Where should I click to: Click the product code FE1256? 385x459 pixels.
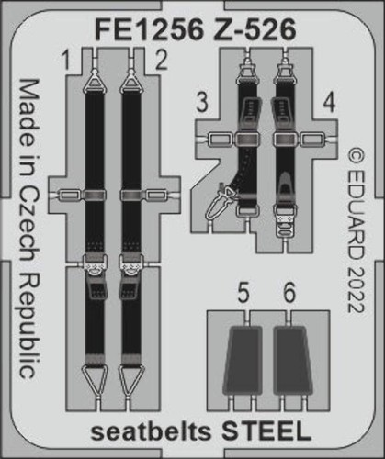pyautogui.click(x=149, y=29)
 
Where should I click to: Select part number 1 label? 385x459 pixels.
pyautogui.click(x=65, y=60)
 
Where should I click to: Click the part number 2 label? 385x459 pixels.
pyautogui.click(x=161, y=60)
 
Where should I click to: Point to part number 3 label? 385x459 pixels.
pyautogui.click(x=202, y=103)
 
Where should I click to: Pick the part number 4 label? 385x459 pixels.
pyautogui.click(x=329, y=103)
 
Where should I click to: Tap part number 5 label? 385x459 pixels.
pyautogui.click(x=243, y=293)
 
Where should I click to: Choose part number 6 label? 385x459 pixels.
pyautogui.click(x=289, y=293)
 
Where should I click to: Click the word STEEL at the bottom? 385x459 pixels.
pyautogui.click(x=266, y=431)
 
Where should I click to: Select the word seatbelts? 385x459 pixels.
pyautogui.click(x=152, y=432)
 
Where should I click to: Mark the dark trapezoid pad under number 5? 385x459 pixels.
pyautogui.click(x=243, y=360)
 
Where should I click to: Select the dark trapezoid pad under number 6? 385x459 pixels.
pyautogui.click(x=293, y=360)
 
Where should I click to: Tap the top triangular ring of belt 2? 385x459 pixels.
pyautogui.click(x=131, y=81)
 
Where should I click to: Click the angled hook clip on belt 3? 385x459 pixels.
pyautogui.click(x=221, y=202)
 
